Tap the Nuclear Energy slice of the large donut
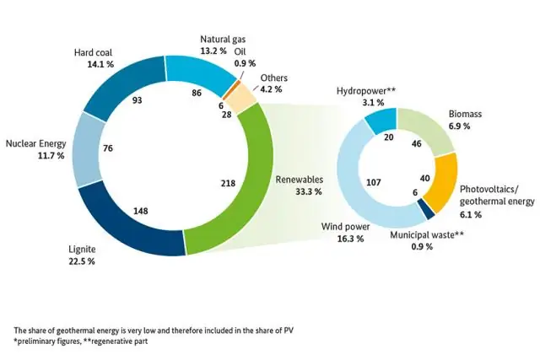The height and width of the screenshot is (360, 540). [x=89, y=150]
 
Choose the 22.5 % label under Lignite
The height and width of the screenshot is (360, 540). [x=82, y=262]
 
